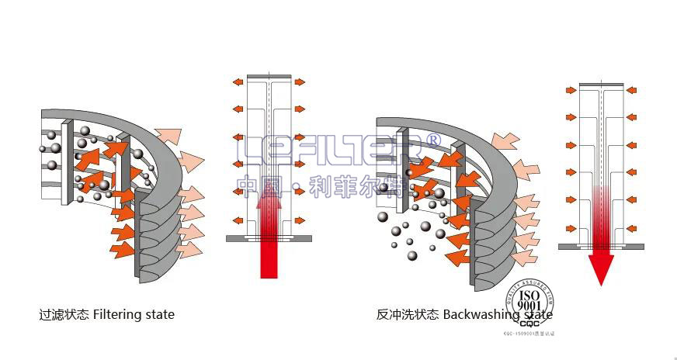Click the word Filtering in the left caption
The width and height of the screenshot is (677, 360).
(120, 315)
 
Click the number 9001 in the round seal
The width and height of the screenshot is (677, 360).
(529, 306)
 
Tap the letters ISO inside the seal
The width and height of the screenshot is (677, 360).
(529, 296)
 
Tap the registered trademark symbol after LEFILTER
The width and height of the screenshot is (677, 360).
(433, 140)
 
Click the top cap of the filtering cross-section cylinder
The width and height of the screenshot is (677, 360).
(269, 76)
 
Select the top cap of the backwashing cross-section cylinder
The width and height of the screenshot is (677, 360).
(601, 85)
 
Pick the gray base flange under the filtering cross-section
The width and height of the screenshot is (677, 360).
(269, 238)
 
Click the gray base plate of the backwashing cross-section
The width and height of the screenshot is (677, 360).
(601, 247)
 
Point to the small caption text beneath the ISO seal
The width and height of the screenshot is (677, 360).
(531, 334)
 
